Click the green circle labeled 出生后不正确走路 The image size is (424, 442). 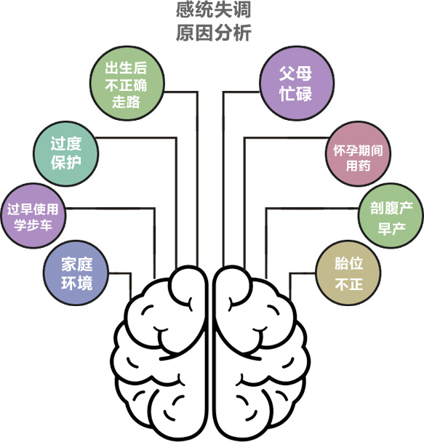(x=127, y=84)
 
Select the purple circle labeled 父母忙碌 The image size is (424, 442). (x=297, y=84)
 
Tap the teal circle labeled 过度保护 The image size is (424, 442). (x=66, y=153)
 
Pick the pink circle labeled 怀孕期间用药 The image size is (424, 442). (x=358, y=153)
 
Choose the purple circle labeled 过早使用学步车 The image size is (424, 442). (x=33, y=216)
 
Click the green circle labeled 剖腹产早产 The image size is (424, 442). (x=391, y=216)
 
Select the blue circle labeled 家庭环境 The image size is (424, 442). (x=76, y=273)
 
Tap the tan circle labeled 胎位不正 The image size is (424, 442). (x=348, y=273)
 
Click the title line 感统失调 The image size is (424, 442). (x=213, y=9)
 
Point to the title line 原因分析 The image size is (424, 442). (x=213, y=33)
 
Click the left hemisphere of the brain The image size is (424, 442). (x=159, y=353)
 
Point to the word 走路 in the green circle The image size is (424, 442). (x=127, y=102)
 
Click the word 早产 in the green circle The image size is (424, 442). (x=391, y=228)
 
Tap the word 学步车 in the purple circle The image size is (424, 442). (x=33, y=225)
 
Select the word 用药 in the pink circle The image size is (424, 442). (x=359, y=165)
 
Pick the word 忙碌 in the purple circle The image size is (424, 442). (x=296, y=94)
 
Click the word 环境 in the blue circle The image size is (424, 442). (x=77, y=283)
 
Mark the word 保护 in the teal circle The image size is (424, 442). (x=66, y=163)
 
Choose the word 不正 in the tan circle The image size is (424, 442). (x=349, y=284)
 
